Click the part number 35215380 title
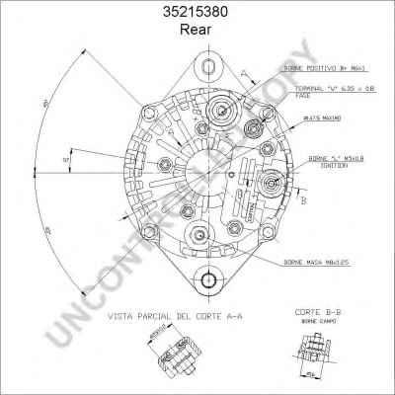198,13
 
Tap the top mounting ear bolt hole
208,66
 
